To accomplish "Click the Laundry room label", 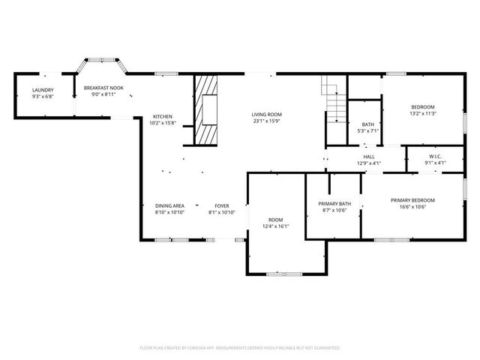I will point(42,90).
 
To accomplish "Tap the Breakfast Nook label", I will point(103,88).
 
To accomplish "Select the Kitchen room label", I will point(163,116).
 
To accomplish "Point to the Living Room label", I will point(266,114).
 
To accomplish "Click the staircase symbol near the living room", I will point(334,100).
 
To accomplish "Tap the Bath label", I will point(367,124).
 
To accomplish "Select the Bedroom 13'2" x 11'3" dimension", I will point(423,114).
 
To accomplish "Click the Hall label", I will point(369,156).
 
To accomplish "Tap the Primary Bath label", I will point(334,204).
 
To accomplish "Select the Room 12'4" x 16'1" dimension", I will point(275,226).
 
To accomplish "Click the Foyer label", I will point(221,205).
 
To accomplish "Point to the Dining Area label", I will point(169,205).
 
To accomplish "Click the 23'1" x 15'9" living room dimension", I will point(266,121).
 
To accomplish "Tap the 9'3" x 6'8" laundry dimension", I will point(42,97).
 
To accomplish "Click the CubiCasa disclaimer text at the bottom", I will point(240,348).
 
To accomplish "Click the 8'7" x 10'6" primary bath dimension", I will point(334,211).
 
